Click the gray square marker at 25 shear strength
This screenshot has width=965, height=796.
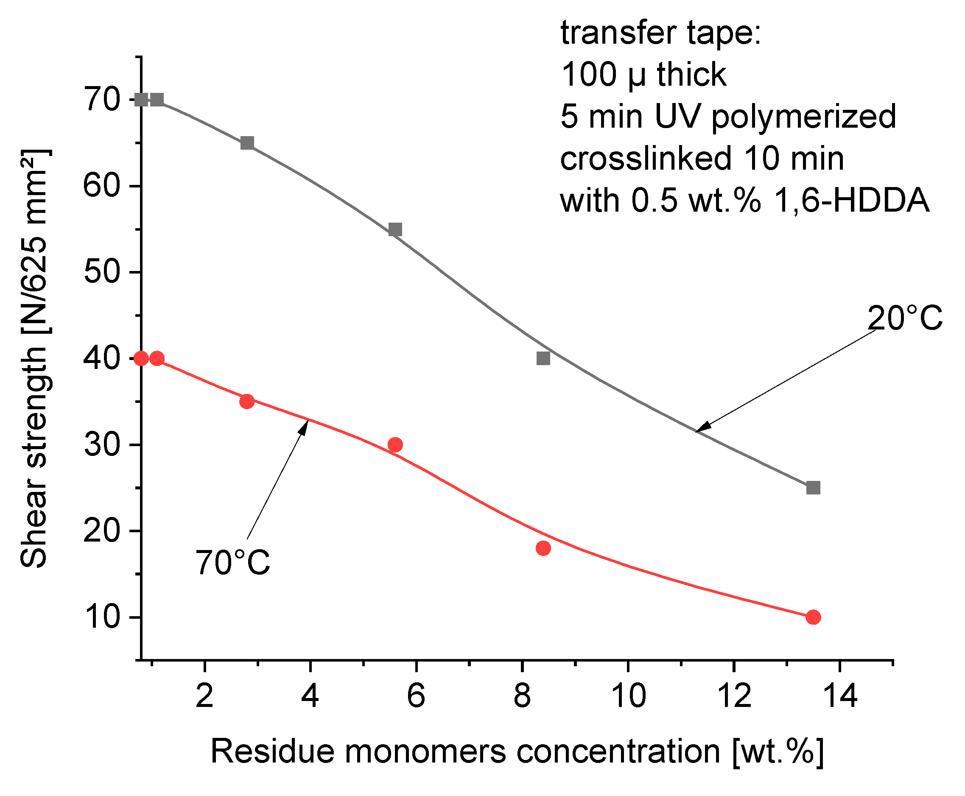coord(813,488)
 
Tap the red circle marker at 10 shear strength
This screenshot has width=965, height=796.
coord(813,617)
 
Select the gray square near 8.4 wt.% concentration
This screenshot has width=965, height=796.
coord(543,358)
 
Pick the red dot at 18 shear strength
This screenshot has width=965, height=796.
coord(543,548)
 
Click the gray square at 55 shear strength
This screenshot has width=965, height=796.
coord(395,229)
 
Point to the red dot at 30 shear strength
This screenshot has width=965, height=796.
coord(395,444)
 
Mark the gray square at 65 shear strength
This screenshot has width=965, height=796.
coord(247,143)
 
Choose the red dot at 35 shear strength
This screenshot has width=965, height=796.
coord(247,401)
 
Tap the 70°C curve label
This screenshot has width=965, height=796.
coord(232,563)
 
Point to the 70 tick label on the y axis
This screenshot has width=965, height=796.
coord(102,100)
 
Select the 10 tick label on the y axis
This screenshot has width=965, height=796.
coord(102,617)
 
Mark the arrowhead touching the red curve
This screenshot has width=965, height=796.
coord(305,425)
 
